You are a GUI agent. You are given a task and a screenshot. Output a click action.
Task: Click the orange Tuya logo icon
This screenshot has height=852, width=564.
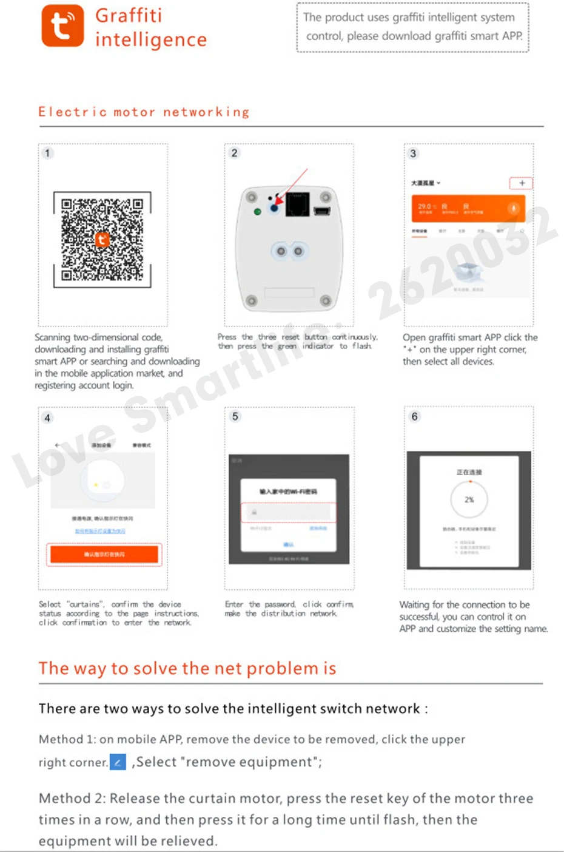click(62, 26)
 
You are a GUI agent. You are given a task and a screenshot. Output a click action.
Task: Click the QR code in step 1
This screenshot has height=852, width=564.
click(102, 240)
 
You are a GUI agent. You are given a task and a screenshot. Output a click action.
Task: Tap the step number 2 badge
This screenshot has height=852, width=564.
click(235, 153)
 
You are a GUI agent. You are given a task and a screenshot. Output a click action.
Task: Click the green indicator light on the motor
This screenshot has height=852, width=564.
click(258, 212)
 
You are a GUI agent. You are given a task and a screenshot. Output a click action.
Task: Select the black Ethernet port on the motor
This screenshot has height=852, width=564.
click(297, 205)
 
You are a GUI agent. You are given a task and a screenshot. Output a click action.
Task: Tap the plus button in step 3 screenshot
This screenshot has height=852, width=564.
click(522, 183)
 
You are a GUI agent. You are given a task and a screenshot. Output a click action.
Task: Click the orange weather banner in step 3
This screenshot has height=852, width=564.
click(468, 209)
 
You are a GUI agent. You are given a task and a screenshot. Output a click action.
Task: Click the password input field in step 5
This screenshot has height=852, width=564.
click(289, 512)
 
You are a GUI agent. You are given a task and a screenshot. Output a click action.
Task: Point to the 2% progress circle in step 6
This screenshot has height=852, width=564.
click(469, 499)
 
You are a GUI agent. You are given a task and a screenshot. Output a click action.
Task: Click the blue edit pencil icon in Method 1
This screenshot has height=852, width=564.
click(118, 762)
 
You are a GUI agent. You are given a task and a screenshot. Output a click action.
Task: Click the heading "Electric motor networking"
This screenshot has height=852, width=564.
click(144, 112)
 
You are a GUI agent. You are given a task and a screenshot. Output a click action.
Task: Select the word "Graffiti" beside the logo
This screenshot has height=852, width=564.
click(129, 15)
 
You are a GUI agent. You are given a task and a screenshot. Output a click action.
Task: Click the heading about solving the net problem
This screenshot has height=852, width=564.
click(187, 668)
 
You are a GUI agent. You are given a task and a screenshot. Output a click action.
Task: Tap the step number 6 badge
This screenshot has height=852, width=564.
click(415, 416)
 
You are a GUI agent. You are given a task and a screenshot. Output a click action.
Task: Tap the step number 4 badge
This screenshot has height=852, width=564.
click(47, 418)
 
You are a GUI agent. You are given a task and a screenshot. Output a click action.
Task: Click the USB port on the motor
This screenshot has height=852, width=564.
click(322, 211)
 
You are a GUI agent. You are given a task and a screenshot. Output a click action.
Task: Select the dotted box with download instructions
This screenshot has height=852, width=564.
click(412, 27)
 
